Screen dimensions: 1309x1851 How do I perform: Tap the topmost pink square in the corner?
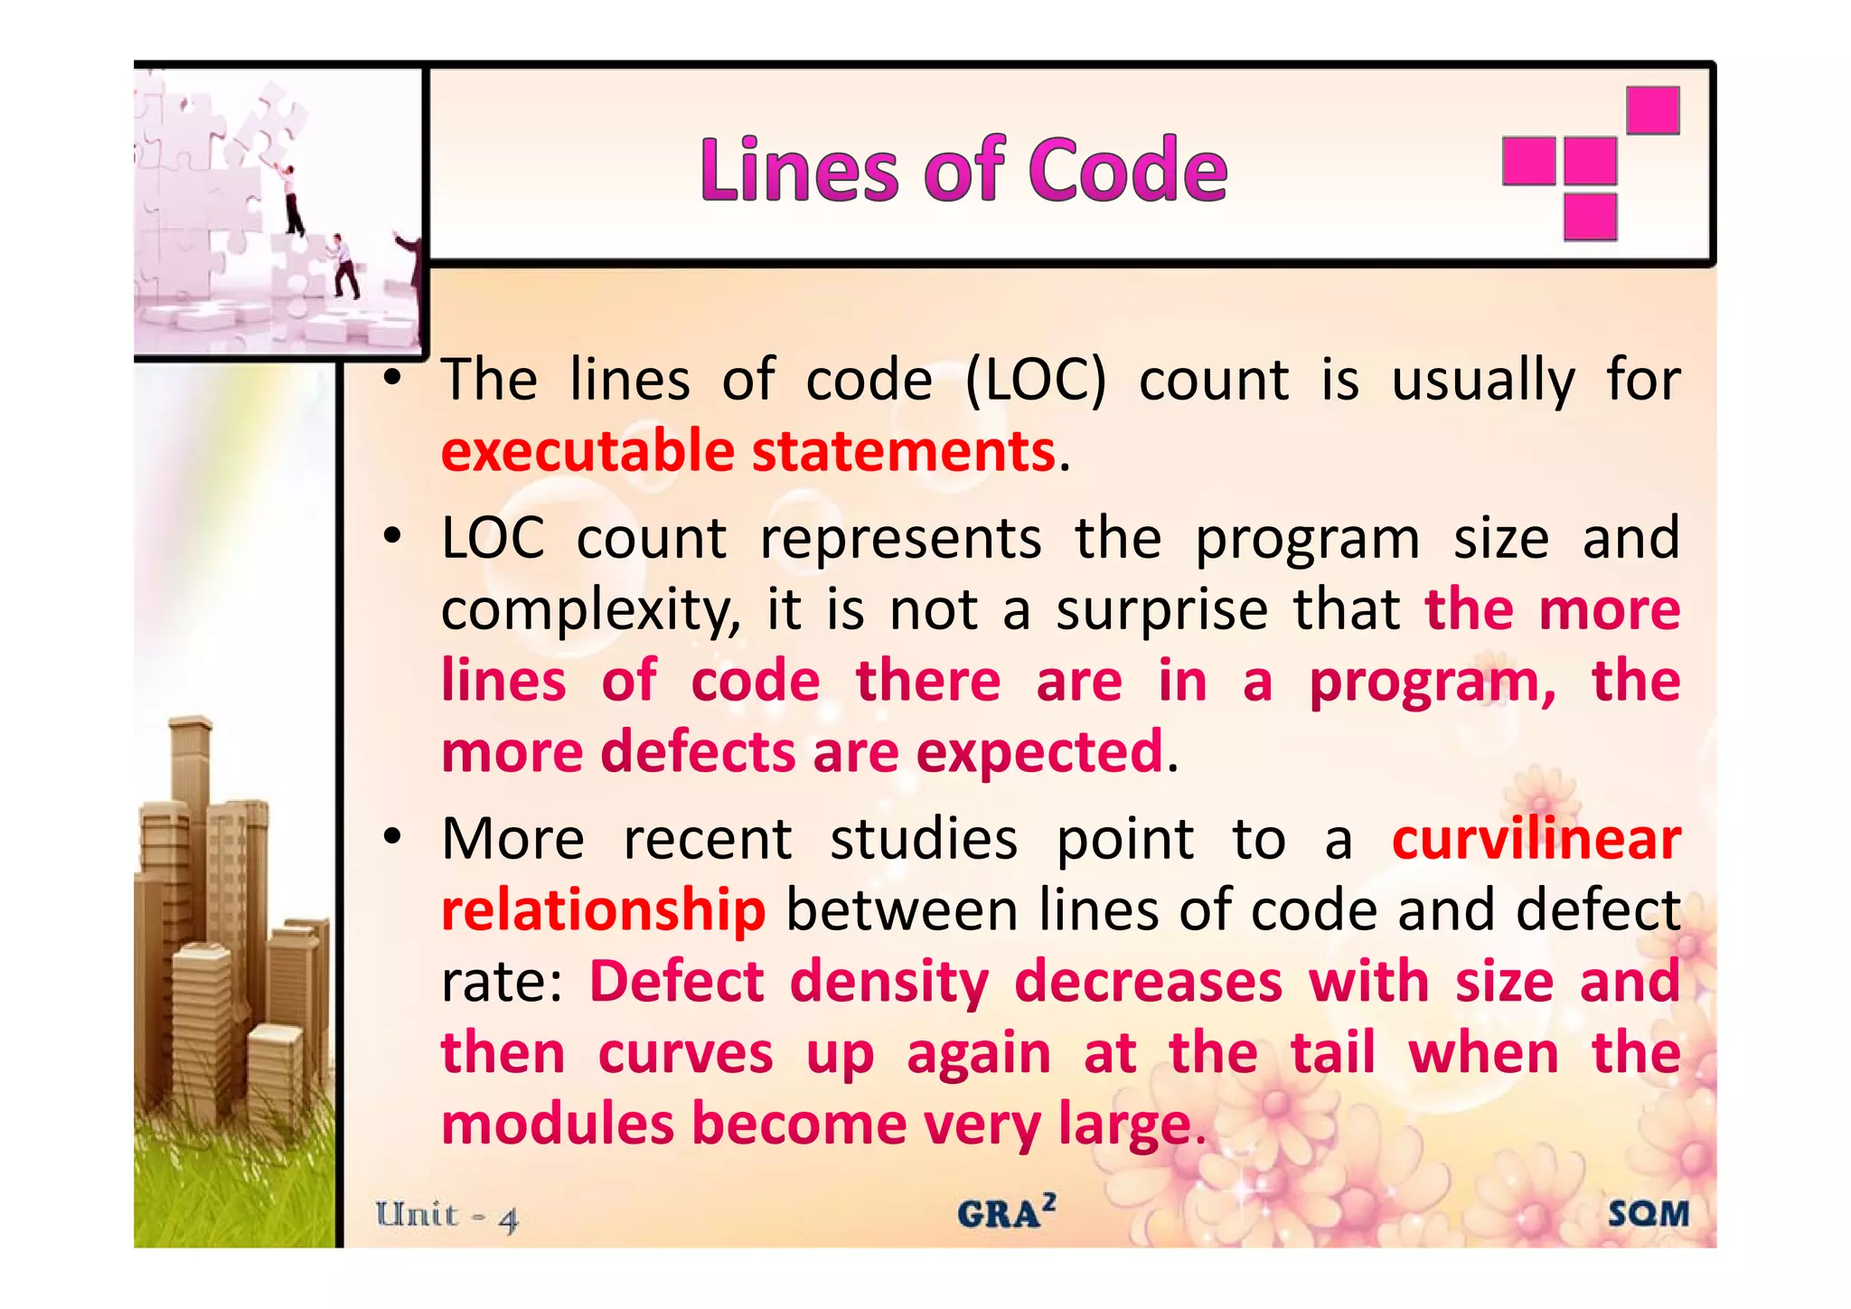tap(1652, 109)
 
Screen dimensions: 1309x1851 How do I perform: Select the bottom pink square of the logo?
tap(1590, 217)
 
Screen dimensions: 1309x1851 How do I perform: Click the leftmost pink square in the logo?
tap(1528, 161)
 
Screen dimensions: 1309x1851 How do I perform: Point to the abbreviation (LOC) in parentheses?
tap(1035, 380)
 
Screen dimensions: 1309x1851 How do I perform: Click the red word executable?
tap(587, 451)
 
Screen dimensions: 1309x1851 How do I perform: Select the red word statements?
tap(903, 451)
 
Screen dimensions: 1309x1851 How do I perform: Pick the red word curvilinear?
tap(1536, 839)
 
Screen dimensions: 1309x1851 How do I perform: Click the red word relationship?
tap(603, 910)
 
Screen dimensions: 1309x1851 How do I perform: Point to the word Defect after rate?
tap(677, 982)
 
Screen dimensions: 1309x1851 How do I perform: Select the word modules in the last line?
tap(558, 1124)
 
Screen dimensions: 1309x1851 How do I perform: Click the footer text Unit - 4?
tap(447, 1216)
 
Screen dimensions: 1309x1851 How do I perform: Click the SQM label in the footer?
tap(1648, 1213)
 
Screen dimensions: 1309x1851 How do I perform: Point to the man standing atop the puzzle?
tap(290, 199)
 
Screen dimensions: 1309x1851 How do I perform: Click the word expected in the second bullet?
tap(1038, 752)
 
